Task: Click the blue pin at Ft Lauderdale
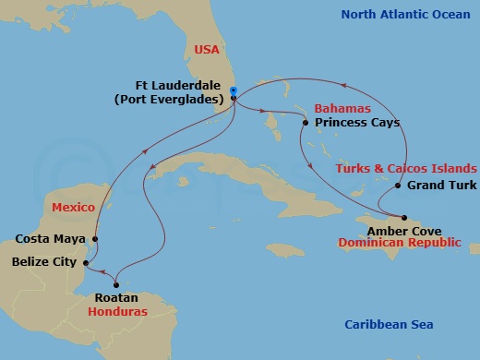coord(234,92)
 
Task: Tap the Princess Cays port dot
coord(306,122)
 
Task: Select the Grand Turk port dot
coord(398,186)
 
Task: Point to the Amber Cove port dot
coord(403,218)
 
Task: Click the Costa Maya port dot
coord(94,238)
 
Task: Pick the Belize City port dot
coord(85,262)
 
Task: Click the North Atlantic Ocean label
coord(405,14)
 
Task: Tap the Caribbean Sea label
coord(389,325)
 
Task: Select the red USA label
coord(207,49)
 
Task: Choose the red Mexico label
coord(74,208)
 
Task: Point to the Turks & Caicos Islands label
coord(407,169)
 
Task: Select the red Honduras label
coord(116,312)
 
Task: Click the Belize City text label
coord(44,262)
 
